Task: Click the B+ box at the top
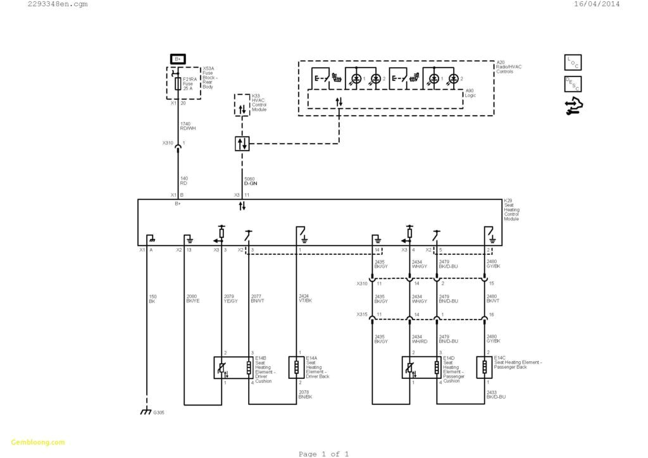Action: [178, 59]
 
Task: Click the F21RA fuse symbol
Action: [178, 84]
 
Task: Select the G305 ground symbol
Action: [146, 412]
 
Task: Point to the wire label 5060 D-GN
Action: [251, 180]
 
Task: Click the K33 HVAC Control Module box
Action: [242, 104]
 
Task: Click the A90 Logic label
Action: [470, 93]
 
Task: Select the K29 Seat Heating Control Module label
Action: [511, 211]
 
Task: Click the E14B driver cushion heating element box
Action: [234, 368]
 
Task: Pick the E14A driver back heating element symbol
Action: [296, 368]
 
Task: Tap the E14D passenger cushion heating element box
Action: [421, 368]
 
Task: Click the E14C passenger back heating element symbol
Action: [485, 368]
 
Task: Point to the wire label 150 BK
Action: [153, 299]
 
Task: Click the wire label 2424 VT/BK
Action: [304, 299]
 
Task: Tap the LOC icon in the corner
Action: [573, 62]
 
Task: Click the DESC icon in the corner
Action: [573, 84]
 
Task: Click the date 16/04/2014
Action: [596, 4]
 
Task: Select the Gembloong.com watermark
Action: [37, 442]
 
